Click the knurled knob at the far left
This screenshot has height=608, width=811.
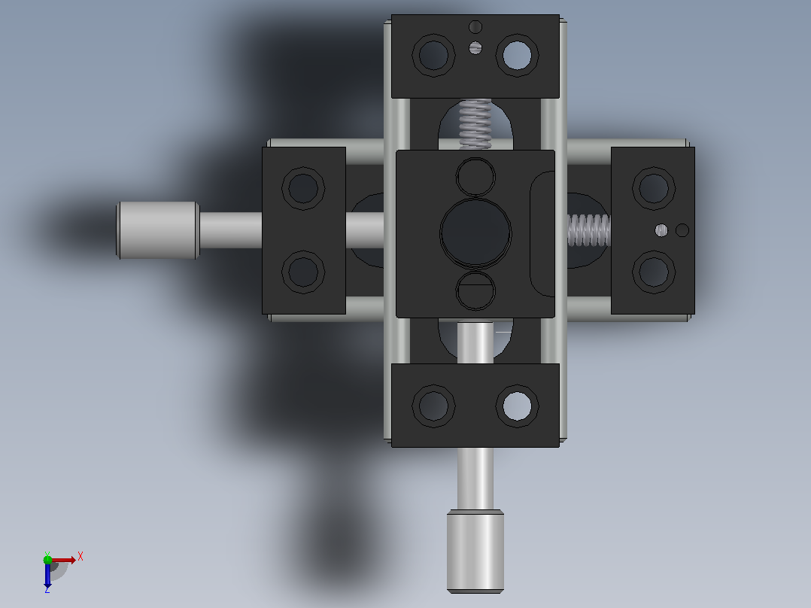tap(158, 230)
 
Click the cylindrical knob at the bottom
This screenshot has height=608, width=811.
tap(475, 551)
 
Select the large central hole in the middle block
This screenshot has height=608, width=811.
tap(475, 233)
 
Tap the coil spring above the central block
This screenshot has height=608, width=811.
tap(475, 123)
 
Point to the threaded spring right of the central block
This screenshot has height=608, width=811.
tap(589, 230)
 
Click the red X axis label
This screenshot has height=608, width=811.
tap(80, 557)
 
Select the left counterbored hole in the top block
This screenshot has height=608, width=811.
tap(433, 56)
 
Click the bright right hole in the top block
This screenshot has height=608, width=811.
tap(518, 56)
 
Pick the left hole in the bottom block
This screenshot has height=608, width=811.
tap(433, 406)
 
